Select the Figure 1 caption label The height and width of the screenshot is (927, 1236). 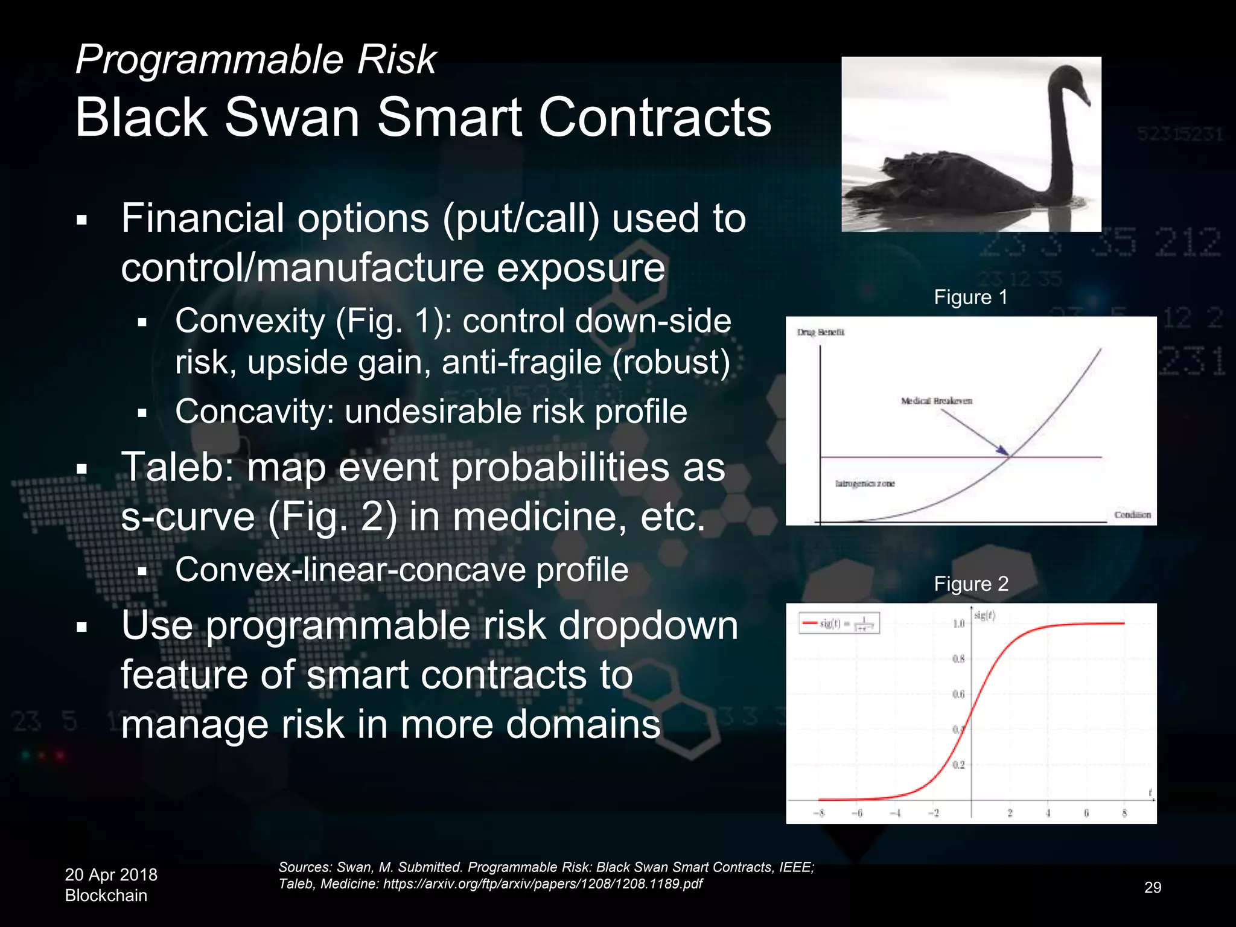(970, 297)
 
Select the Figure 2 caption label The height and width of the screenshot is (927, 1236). (970, 584)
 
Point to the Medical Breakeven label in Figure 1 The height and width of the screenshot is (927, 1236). (936, 401)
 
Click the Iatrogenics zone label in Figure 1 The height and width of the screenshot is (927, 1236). (865, 483)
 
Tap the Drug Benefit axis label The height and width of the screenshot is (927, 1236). (821, 332)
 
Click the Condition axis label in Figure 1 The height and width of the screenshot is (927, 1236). (1132, 515)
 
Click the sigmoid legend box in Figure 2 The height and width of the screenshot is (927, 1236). (839, 623)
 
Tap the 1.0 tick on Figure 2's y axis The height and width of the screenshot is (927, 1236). (958, 623)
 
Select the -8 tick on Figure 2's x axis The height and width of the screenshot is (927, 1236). (818, 814)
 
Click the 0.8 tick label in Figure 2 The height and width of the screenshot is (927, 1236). (958, 659)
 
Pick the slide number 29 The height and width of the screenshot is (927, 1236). (1152, 887)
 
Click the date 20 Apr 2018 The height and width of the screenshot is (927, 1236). (111, 874)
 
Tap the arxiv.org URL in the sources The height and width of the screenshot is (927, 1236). (543, 884)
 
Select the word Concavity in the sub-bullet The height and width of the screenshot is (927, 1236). (254, 412)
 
